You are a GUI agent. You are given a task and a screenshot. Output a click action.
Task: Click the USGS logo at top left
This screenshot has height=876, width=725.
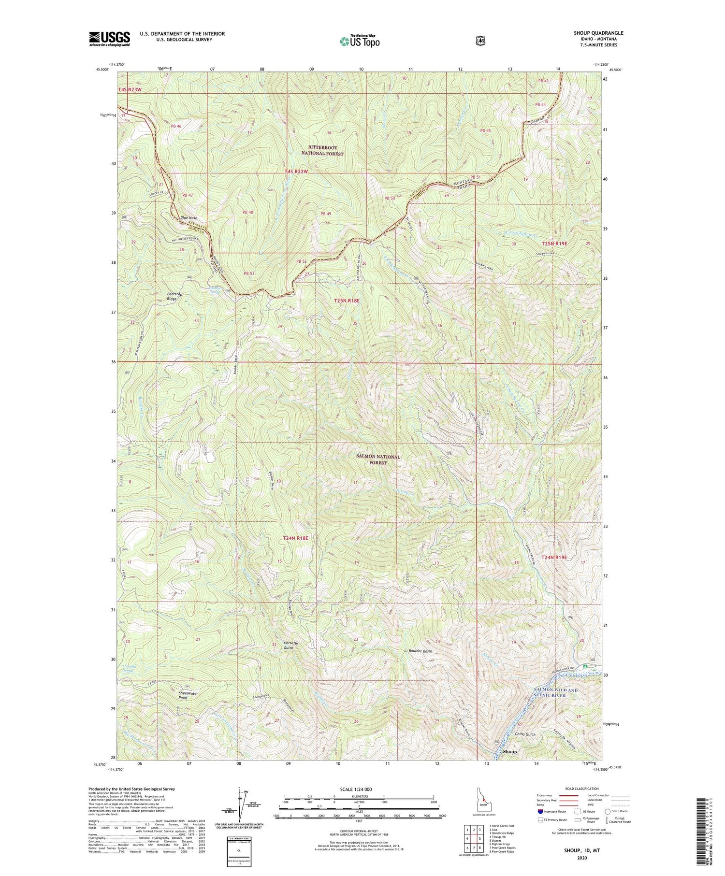(x=109, y=39)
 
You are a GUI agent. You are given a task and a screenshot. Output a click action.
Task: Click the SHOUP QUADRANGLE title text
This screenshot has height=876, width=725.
(x=598, y=33)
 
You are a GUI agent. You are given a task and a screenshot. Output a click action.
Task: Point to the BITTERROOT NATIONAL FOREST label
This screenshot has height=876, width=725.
(x=322, y=150)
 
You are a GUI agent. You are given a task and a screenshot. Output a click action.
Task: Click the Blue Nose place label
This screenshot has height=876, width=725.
(x=188, y=218)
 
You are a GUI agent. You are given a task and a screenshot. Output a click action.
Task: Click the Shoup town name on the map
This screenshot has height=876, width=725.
(x=509, y=752)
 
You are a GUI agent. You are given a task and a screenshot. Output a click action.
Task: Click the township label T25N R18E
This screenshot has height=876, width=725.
(x=347, y=301)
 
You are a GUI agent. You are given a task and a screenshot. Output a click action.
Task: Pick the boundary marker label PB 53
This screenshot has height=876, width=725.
(x=249, y=273)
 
